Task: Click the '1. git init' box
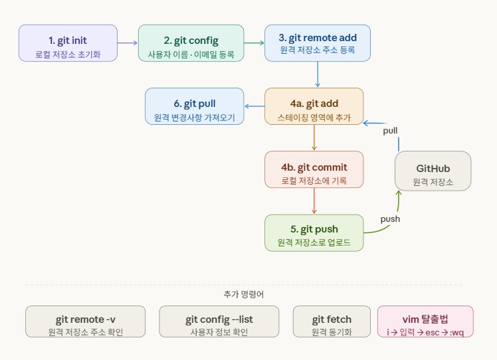click(68, 43)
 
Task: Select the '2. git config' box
click(191, 43)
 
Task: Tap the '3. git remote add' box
click(317, 43)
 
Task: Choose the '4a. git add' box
click(314, 106)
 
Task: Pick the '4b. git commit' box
click(314, 169)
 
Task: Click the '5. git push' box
click(314, 232)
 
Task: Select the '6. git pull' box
click(194, 106)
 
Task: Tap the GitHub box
click(433, 171)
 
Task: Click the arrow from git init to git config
click(128, 43)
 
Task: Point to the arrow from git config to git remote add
click(254, 43)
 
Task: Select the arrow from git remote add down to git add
click(318, 74)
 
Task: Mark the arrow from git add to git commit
click(314, 137)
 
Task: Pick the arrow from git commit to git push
click(314, 201)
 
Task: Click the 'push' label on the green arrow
click(390, 219)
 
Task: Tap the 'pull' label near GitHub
click(390, 130)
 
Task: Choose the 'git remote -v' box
click(85, 321)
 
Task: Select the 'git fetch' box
click(332, 321)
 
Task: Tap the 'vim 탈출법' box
click(425, 321)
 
